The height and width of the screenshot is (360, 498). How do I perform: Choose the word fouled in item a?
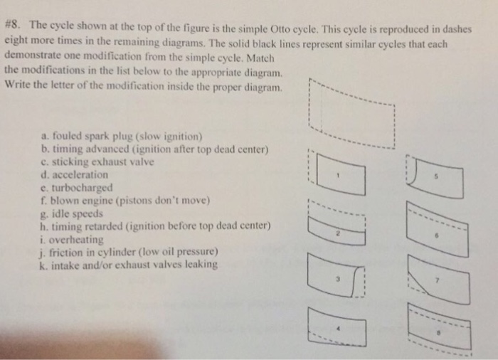[65, 136]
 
